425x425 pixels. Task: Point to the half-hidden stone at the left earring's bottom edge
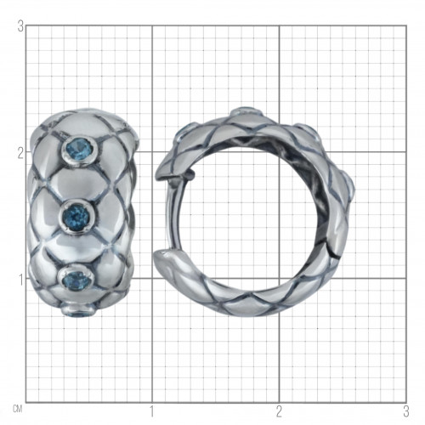click(79, 313)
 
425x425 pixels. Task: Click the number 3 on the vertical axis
click(20, 27)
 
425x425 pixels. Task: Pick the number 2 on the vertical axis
click(20, 154)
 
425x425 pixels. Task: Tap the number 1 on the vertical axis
click(20, 280)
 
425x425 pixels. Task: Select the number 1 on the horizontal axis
click(152, 411)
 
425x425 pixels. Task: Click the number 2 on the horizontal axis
click(279, 411)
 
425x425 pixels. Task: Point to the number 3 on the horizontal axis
click(406, 411)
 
